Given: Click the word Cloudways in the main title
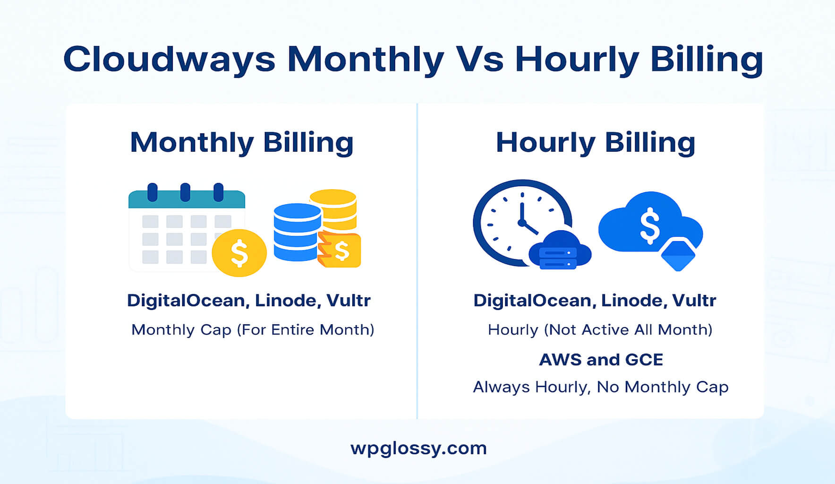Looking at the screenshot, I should (169, 60).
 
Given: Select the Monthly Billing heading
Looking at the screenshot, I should (241, 142).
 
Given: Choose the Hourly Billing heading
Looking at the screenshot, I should (595, 142).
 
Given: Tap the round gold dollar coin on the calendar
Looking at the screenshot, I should (239, 253).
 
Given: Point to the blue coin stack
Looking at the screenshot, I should (297, 232).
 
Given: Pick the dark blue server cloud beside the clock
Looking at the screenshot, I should (559, 251).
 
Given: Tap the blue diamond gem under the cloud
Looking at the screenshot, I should (678, 254).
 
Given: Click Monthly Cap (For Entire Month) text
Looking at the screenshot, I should (253, 329).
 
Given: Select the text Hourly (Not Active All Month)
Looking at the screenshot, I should (600, 329).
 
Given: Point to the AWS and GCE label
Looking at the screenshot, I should (601, 360).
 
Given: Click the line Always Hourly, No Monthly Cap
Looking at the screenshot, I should (600, 387).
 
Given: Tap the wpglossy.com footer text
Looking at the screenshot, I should (418, 448).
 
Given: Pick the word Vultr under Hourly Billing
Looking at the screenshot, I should (694, 301).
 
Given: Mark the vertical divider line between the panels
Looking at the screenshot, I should (417, 260).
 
